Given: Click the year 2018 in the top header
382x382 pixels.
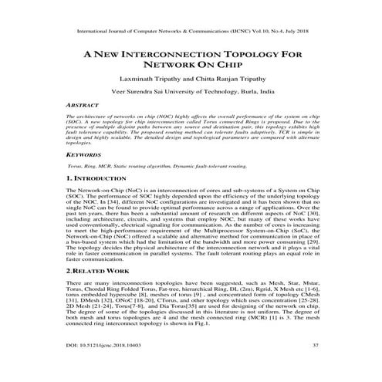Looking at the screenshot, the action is tap(302, 32).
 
